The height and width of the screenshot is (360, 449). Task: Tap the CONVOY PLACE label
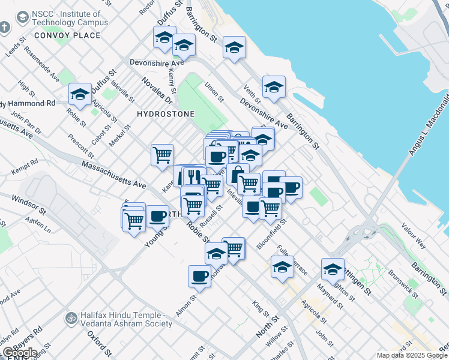67,35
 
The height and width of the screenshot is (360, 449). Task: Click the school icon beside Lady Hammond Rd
80,94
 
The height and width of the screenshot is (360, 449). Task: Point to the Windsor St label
28,204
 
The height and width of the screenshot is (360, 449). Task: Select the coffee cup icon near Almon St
199,277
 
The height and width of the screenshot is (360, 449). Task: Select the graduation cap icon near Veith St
274,88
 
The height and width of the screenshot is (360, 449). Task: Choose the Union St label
214,91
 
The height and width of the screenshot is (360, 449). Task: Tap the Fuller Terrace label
292,259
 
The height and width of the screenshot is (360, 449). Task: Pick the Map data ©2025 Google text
412,355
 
